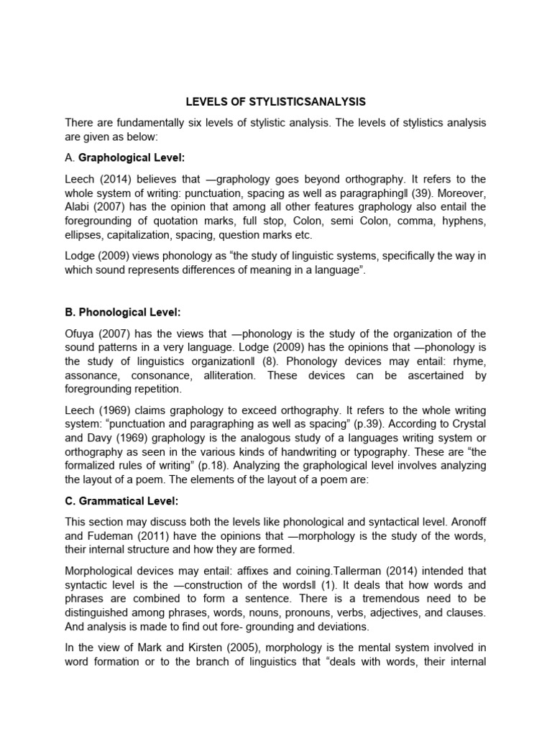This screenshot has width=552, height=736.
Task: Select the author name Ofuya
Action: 81,333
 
